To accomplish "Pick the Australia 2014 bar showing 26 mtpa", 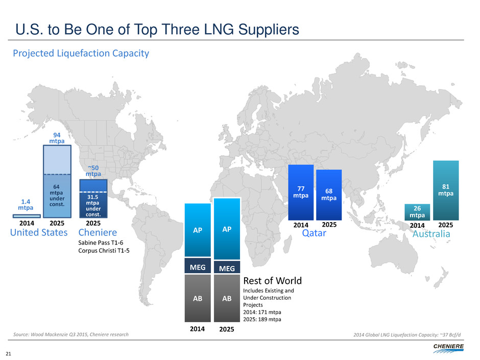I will point(417,212).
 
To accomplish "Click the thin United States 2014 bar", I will point(27,216).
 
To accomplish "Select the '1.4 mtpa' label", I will point(26,205).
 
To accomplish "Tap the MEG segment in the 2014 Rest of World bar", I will point(197,266).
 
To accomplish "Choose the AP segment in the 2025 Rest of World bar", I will point(227,229).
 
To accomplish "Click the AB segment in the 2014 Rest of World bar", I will point(197,299).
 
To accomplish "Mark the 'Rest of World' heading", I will point(272,281).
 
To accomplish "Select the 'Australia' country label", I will point(431,233).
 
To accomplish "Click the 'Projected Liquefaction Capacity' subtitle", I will point(81,53).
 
